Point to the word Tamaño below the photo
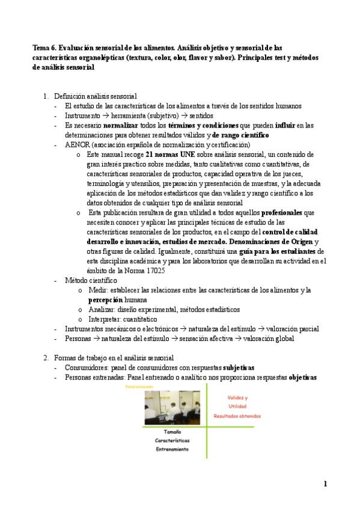coord(172,432)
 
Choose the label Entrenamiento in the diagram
coord(172,449)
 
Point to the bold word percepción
coord(105,300)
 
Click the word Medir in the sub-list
coord(97,290)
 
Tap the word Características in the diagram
coord(172,440)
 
